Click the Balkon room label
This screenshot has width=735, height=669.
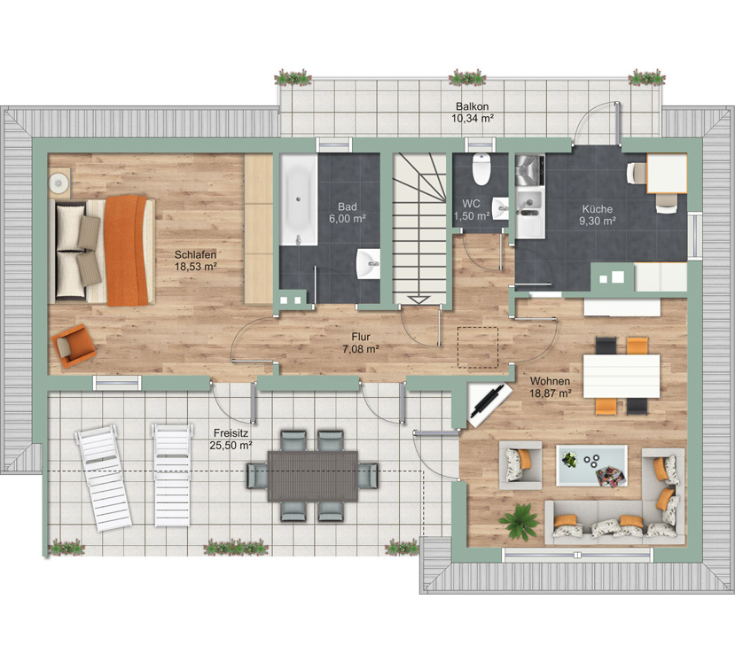coord(472,106)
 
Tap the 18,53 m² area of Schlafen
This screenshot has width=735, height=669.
coord(195,267)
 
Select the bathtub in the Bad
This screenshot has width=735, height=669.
coord(299,200)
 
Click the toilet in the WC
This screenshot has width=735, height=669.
coord(481,168)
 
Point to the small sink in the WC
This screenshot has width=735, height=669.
coord(500,208)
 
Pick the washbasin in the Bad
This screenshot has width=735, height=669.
coord(369,264)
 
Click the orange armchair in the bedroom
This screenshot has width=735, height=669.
coord(74,346)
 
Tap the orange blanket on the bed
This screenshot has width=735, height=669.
coord(126,251)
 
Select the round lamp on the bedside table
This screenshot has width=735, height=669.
coord(59,181)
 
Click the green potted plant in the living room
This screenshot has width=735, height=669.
coord(519,520)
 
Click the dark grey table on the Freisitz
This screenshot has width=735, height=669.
coord(313,476)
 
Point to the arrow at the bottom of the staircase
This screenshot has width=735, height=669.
coord(418,300)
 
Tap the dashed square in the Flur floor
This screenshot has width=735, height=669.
coord(478,347)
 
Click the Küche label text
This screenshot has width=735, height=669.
coord(598,209)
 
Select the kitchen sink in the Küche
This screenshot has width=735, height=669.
coord(529,202)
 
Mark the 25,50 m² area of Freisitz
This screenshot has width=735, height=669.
coord(231,446)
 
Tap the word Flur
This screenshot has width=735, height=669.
coord(361,337)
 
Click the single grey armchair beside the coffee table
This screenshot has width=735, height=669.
coord(520,465)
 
